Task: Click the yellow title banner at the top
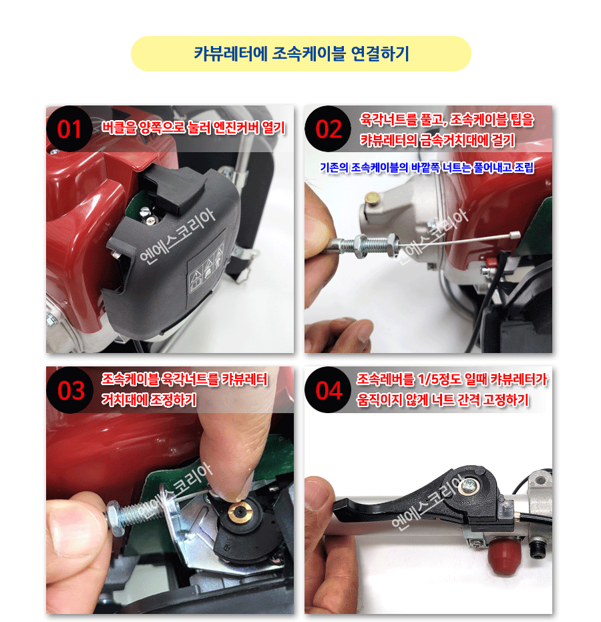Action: pyautogui.click(x=300, y=53)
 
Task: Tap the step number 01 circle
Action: pyautogui.click(x=69, y=129)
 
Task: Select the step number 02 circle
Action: pyautogui.click(x=328, y=129)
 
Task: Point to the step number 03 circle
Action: pyautogui.click(x=70, y=390)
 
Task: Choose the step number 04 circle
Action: pyautogui.click(x=329, y=390)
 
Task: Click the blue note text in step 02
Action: pyautogui.click(x=427, y=168)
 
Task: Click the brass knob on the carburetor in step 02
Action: pyautogui.click(x=373, y=197)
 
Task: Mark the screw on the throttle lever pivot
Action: pyautogui.click(x=469, y=485)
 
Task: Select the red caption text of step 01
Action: pyautogui.click(x=193, y=127)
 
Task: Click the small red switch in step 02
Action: pyautogui.click(x=491, y=262)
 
